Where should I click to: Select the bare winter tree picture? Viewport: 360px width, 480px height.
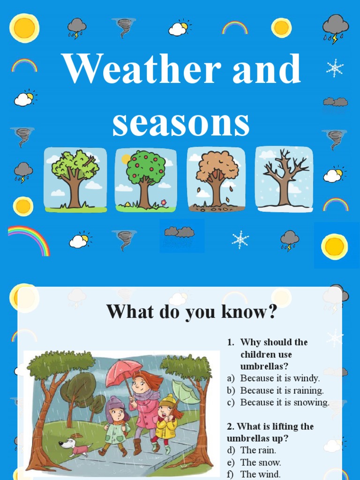point(284,179)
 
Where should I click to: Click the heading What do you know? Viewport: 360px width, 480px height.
point(192,312)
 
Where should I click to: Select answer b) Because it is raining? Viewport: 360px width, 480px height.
point(282,390)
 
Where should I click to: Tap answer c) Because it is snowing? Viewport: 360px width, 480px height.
point(285,403)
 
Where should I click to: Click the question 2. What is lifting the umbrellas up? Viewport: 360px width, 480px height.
point(270,432)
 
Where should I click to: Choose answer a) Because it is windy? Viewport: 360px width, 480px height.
point(280,378)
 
